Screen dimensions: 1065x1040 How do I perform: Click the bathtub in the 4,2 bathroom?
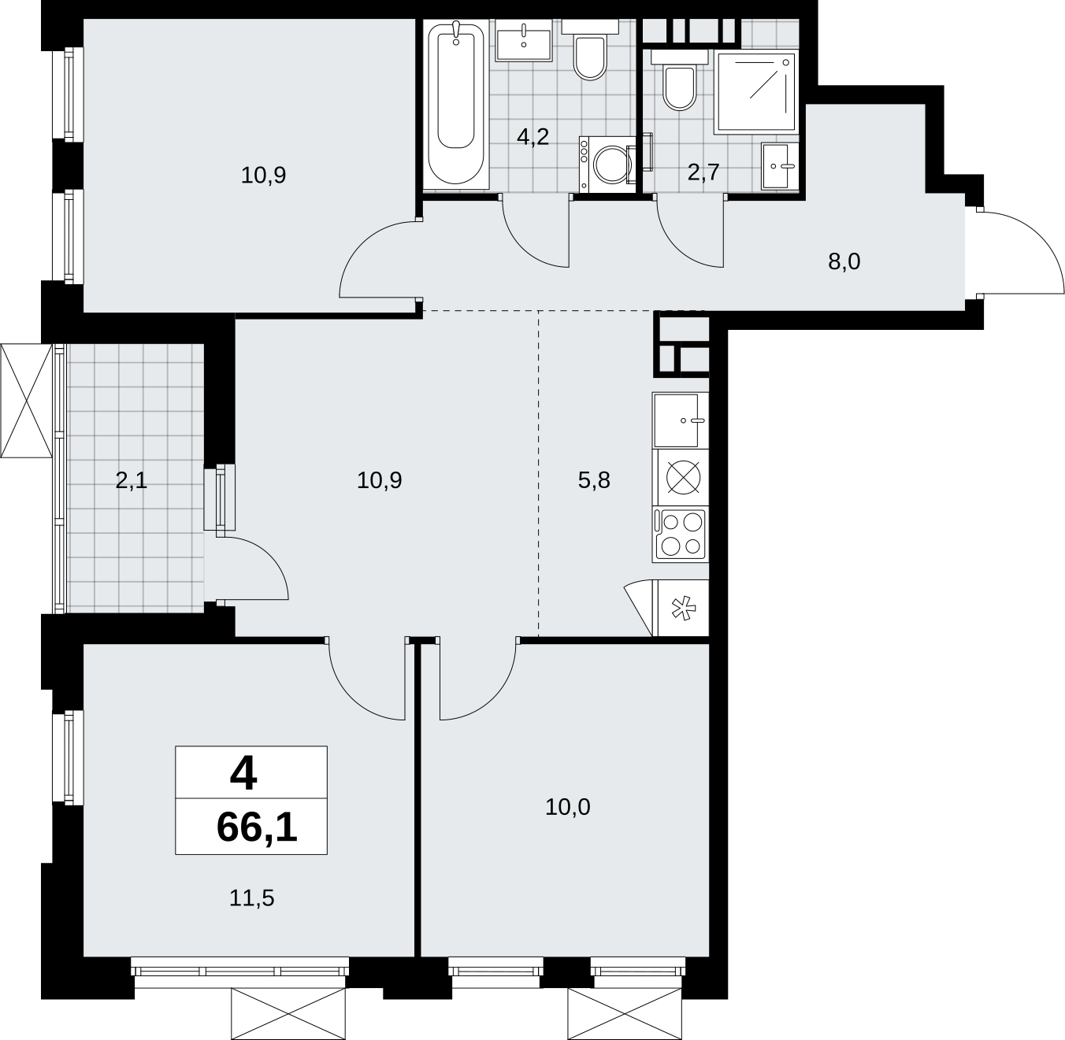tap(456, 104)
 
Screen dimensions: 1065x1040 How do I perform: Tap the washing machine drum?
tap(612, 164)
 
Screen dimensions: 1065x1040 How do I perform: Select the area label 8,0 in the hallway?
tap(844, 262)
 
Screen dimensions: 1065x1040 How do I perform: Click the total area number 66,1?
tap(257, 827)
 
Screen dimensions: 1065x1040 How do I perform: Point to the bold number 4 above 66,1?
tap(243, 775)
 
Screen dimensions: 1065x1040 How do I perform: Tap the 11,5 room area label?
tap(251, 898)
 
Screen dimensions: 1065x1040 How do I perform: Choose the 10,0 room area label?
tap(567, 807)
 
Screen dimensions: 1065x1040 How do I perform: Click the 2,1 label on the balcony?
tap(132, 481)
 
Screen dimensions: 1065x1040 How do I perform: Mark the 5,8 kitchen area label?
tap(594, 480)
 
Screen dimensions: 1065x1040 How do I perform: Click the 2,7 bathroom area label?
tap(703, 173)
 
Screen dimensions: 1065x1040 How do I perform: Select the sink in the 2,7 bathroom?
tap(779, 166)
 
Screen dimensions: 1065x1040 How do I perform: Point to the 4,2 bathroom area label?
tap(532, 137)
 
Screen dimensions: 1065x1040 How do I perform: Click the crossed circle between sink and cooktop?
tap(683, 478)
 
